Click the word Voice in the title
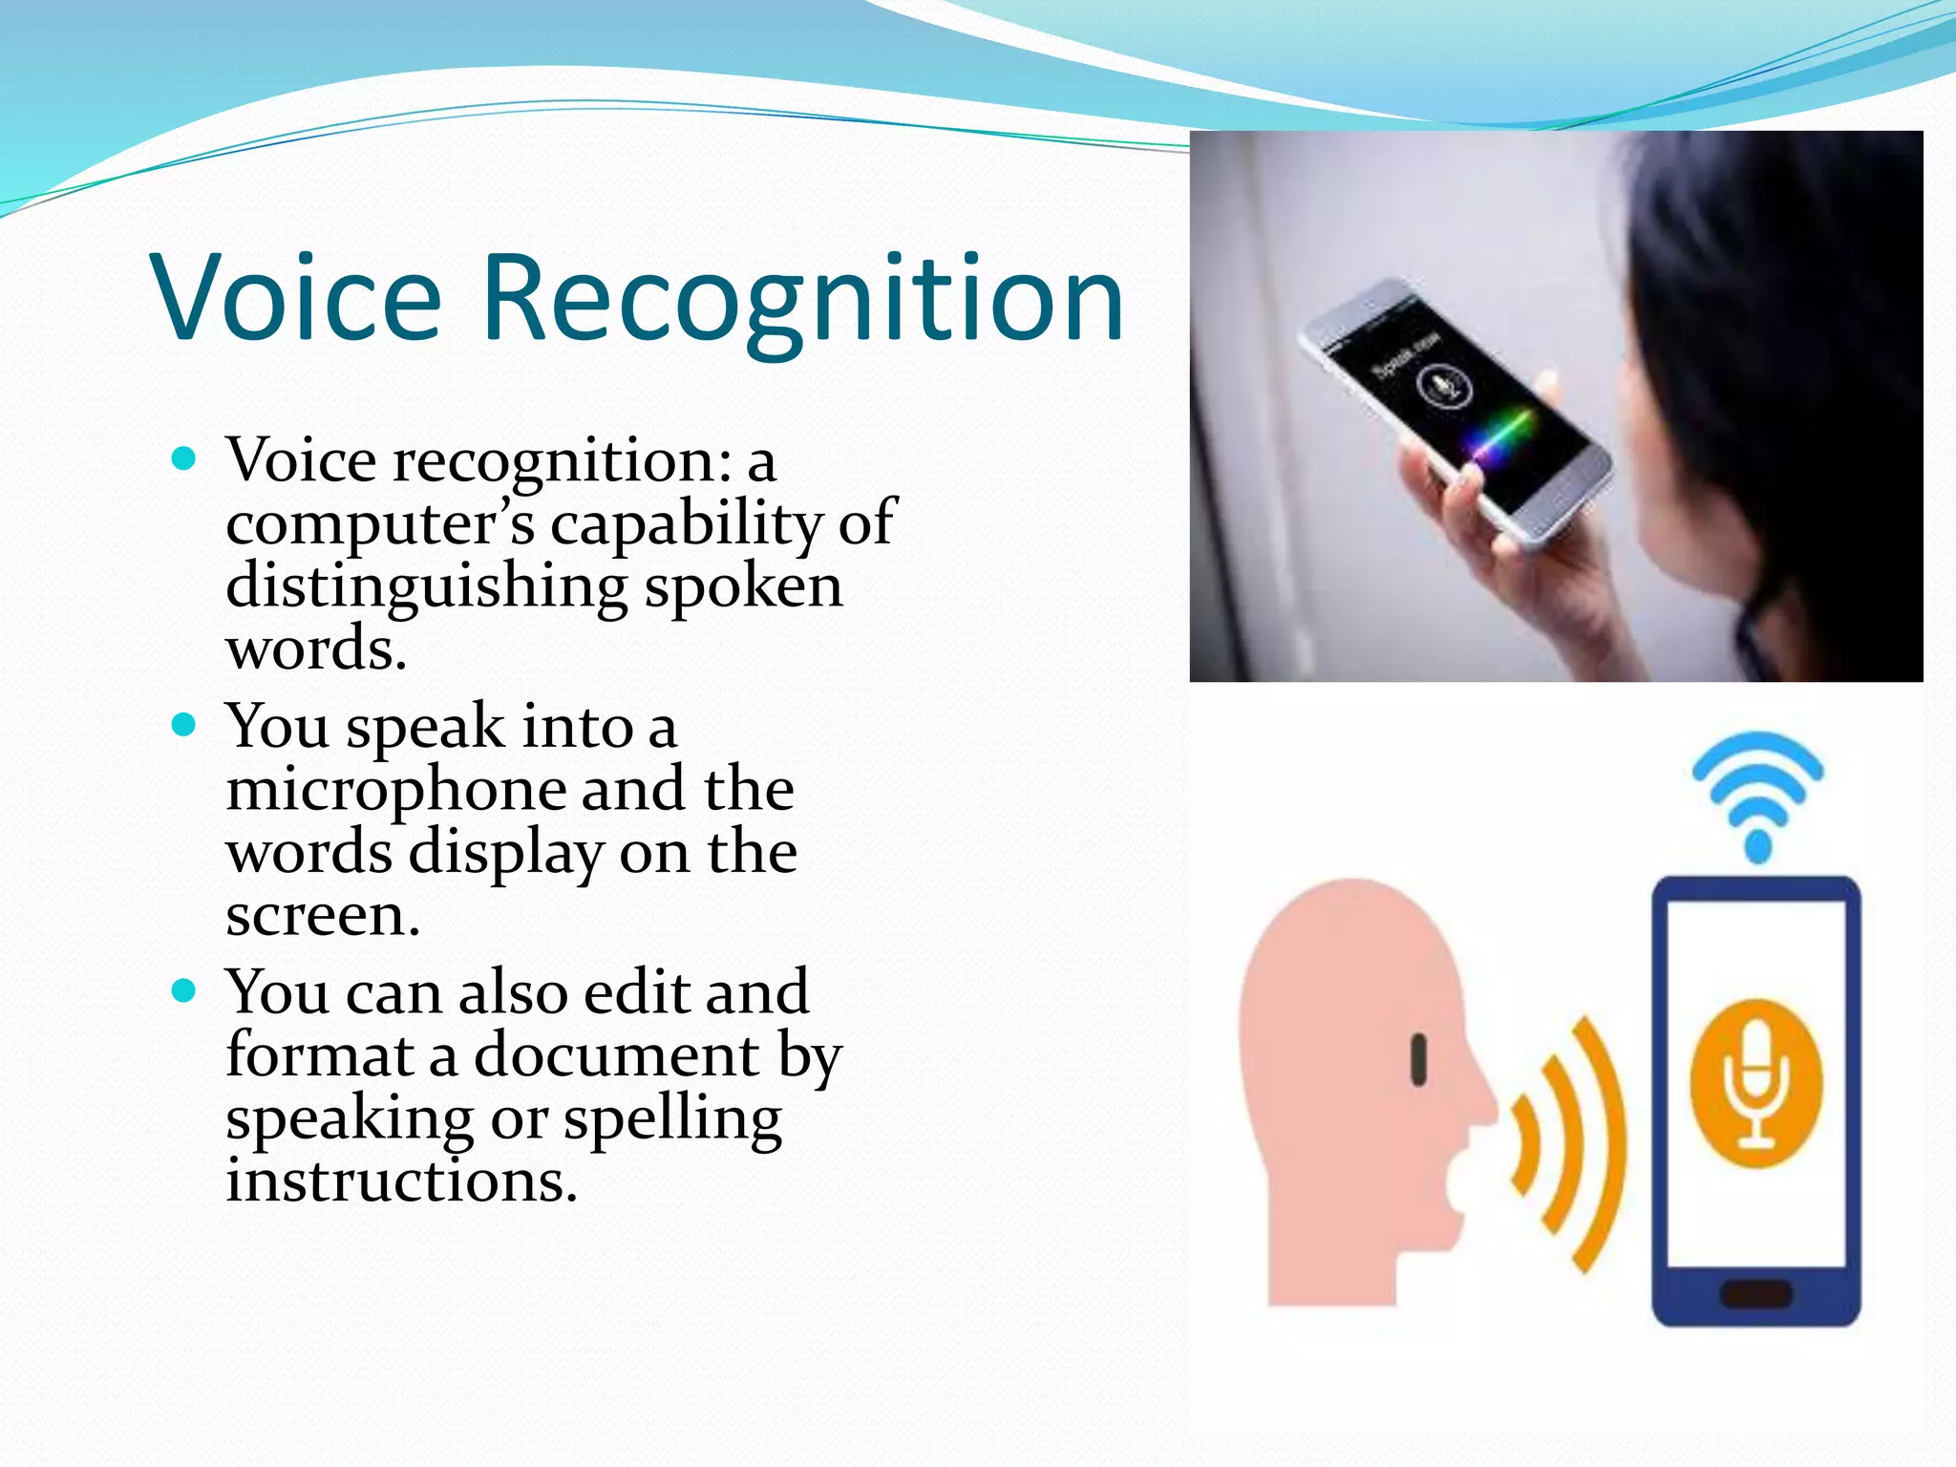coord(296,298)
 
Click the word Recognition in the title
coord(803,298)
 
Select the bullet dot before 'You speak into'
coord(183,725)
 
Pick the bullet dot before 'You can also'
coord(183,990)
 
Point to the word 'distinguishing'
coord(426,586)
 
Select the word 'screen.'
coord(323,916)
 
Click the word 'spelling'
coord(672,1119)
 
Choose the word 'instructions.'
coord(401,1181)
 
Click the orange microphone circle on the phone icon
coord(1755,1082)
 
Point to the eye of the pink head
coord(1419,1059)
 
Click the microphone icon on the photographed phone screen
coord(1443,388)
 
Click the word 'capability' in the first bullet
coord(686,524)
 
